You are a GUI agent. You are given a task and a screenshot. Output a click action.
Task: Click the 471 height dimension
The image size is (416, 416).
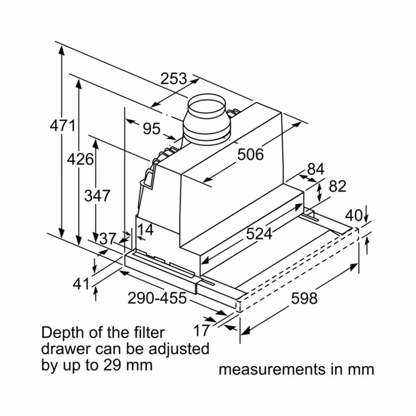(62, 125)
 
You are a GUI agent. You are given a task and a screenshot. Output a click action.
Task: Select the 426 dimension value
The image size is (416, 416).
(80, 159)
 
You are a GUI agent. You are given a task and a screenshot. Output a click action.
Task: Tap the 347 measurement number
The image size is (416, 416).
(97, 196)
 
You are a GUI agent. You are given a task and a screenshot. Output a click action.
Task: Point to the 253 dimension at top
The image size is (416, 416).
(174, 79)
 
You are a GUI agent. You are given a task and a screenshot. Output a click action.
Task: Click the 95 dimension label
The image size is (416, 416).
(152, 128)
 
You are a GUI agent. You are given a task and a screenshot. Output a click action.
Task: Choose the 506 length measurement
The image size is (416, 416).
(251, 154)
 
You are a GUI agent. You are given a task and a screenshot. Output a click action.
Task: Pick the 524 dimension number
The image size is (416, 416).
(259, 233)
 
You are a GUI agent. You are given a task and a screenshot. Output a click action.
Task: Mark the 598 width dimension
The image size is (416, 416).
(304, 298)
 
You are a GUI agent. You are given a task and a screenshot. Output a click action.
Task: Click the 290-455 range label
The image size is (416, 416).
(157, 297)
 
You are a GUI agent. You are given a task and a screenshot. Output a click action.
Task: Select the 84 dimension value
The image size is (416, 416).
(316, 169)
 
